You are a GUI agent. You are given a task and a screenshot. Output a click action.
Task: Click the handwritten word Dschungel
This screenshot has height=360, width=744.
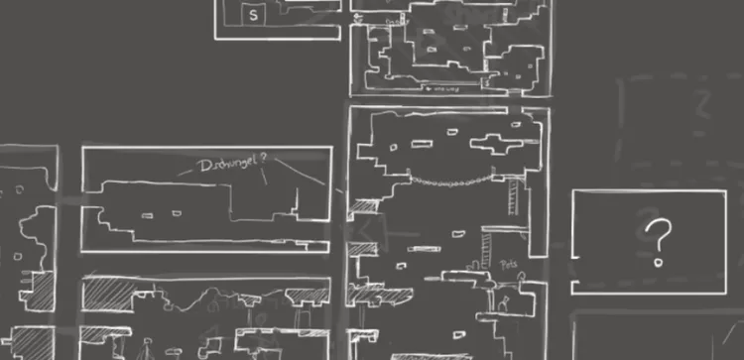[229, 166]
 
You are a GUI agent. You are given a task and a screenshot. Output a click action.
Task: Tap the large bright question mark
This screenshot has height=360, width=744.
[658, 242]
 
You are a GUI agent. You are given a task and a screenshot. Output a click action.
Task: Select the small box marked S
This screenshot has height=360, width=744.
[253, 15]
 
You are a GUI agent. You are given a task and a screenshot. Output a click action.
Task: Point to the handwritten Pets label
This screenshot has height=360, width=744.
[509, 265]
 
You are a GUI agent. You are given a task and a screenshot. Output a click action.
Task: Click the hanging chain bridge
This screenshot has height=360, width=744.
[451, 182]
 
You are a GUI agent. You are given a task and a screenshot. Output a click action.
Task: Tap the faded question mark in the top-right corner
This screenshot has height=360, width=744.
[705, 102]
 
